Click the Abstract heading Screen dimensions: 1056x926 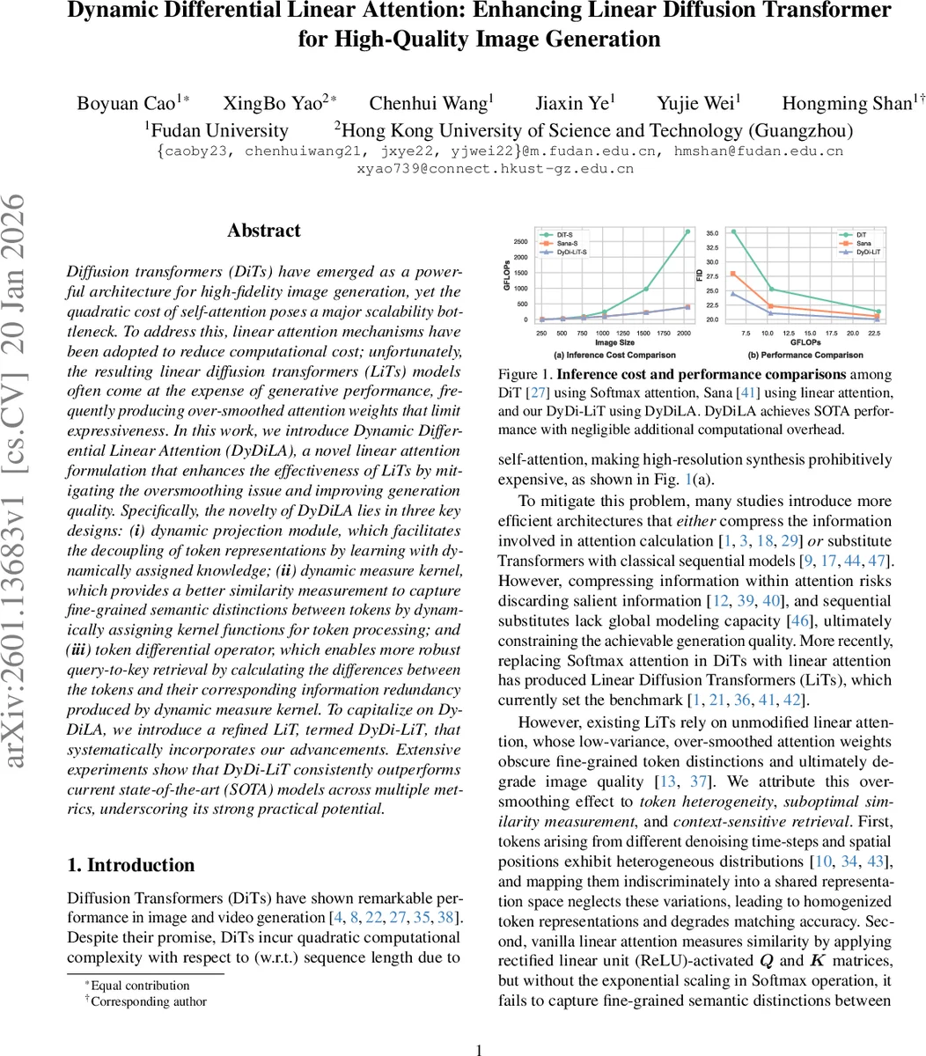[263, 231]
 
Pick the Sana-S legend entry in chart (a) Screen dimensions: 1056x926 [567, 243]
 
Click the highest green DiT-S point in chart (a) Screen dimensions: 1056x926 [687, 231]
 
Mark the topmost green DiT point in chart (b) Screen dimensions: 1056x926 [734, 232]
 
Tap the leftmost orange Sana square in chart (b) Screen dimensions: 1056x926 [734, 274]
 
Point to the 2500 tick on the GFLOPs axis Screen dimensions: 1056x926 [520, 242]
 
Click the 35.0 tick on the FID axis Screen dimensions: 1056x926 [711, 233]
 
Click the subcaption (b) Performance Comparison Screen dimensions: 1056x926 [805, 355]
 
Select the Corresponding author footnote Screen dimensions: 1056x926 [148, 1001]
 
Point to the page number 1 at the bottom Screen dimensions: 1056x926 [479, 1050]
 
